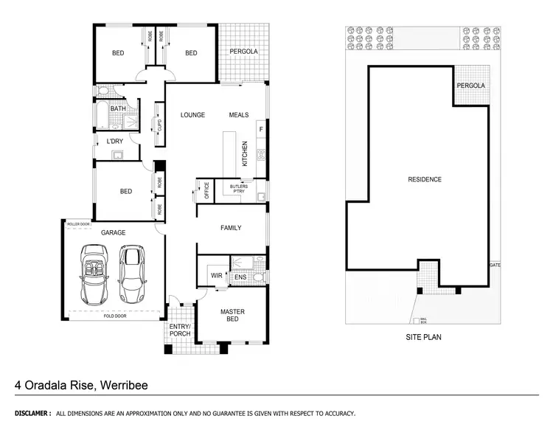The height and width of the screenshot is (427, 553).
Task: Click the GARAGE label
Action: (114, 232)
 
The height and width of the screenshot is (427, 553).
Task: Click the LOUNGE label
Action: (192, 115)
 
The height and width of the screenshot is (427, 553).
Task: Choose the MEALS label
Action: (239, 115)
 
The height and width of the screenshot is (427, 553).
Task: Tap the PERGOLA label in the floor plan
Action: (243, 52)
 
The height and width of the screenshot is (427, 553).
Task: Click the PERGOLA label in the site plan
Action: (471, 86)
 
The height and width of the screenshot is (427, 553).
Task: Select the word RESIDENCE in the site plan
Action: (425, 179)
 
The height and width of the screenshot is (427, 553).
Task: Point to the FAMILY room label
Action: (231, 228)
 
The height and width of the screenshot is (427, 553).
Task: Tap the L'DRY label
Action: (115, 141)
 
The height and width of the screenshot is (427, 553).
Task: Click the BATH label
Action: (118, 108)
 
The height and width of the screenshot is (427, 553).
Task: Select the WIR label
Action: (217, 277)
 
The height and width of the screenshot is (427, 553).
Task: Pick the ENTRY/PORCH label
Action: (180, 330)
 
